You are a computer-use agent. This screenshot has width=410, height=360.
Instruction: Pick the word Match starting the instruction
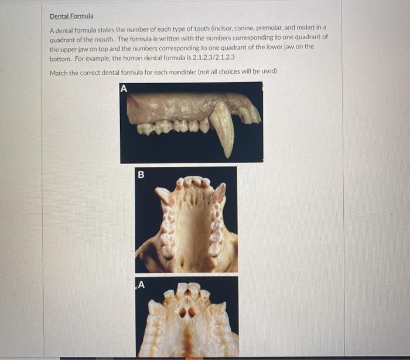(x=59, y=71)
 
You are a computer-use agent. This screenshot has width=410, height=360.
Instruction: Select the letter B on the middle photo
(x=141, y=174)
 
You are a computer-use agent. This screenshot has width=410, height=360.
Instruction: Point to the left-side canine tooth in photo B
(x=163, y=195)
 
